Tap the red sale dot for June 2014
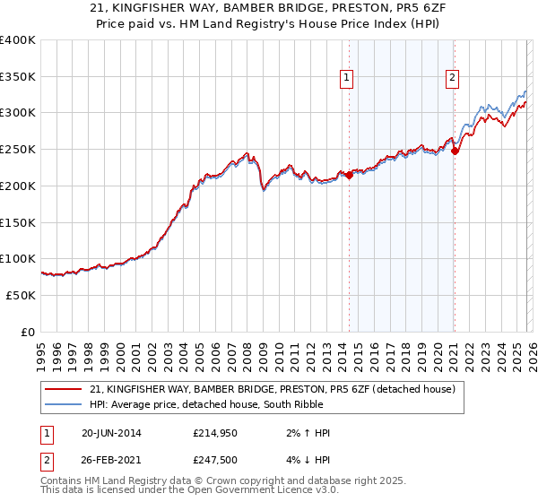[x=349, y=175]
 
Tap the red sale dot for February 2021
[x=455, y=151]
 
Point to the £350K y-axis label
[x=18, y=77]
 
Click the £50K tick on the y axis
[x=21, y=295]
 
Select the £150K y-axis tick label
[x=18, y=222]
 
